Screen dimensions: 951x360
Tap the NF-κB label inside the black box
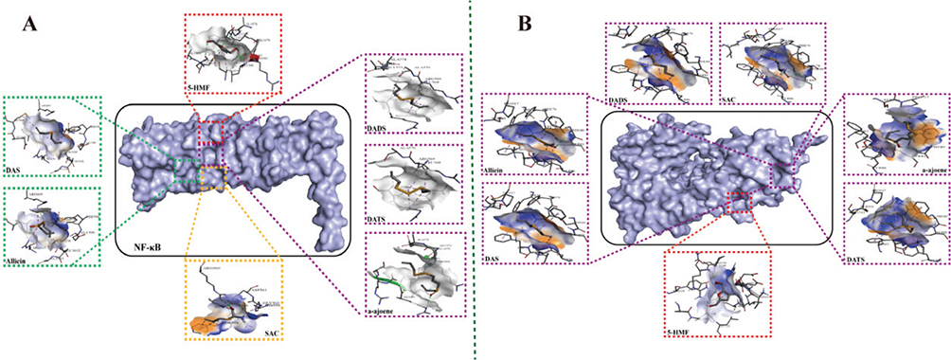pyautogui.click(x=145, y=244)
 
